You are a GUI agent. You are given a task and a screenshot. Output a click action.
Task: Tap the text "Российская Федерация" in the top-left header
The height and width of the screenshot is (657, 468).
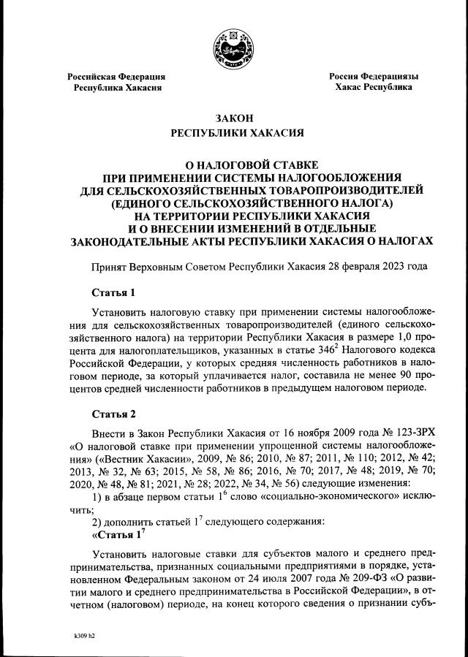[116, 76]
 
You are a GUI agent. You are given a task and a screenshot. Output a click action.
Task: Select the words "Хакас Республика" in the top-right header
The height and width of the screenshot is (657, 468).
[373, 87]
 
